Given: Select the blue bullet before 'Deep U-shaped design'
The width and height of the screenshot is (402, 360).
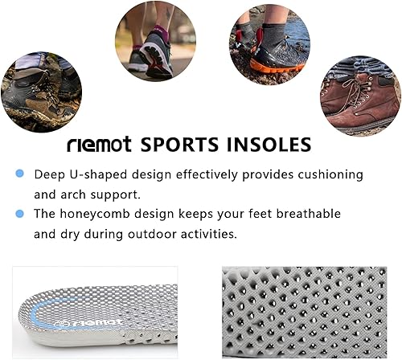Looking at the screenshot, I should pyautogui.click(x=18, y=174).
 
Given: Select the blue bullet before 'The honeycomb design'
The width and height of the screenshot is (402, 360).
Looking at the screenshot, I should pyautogui.click(x=18, y=214).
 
